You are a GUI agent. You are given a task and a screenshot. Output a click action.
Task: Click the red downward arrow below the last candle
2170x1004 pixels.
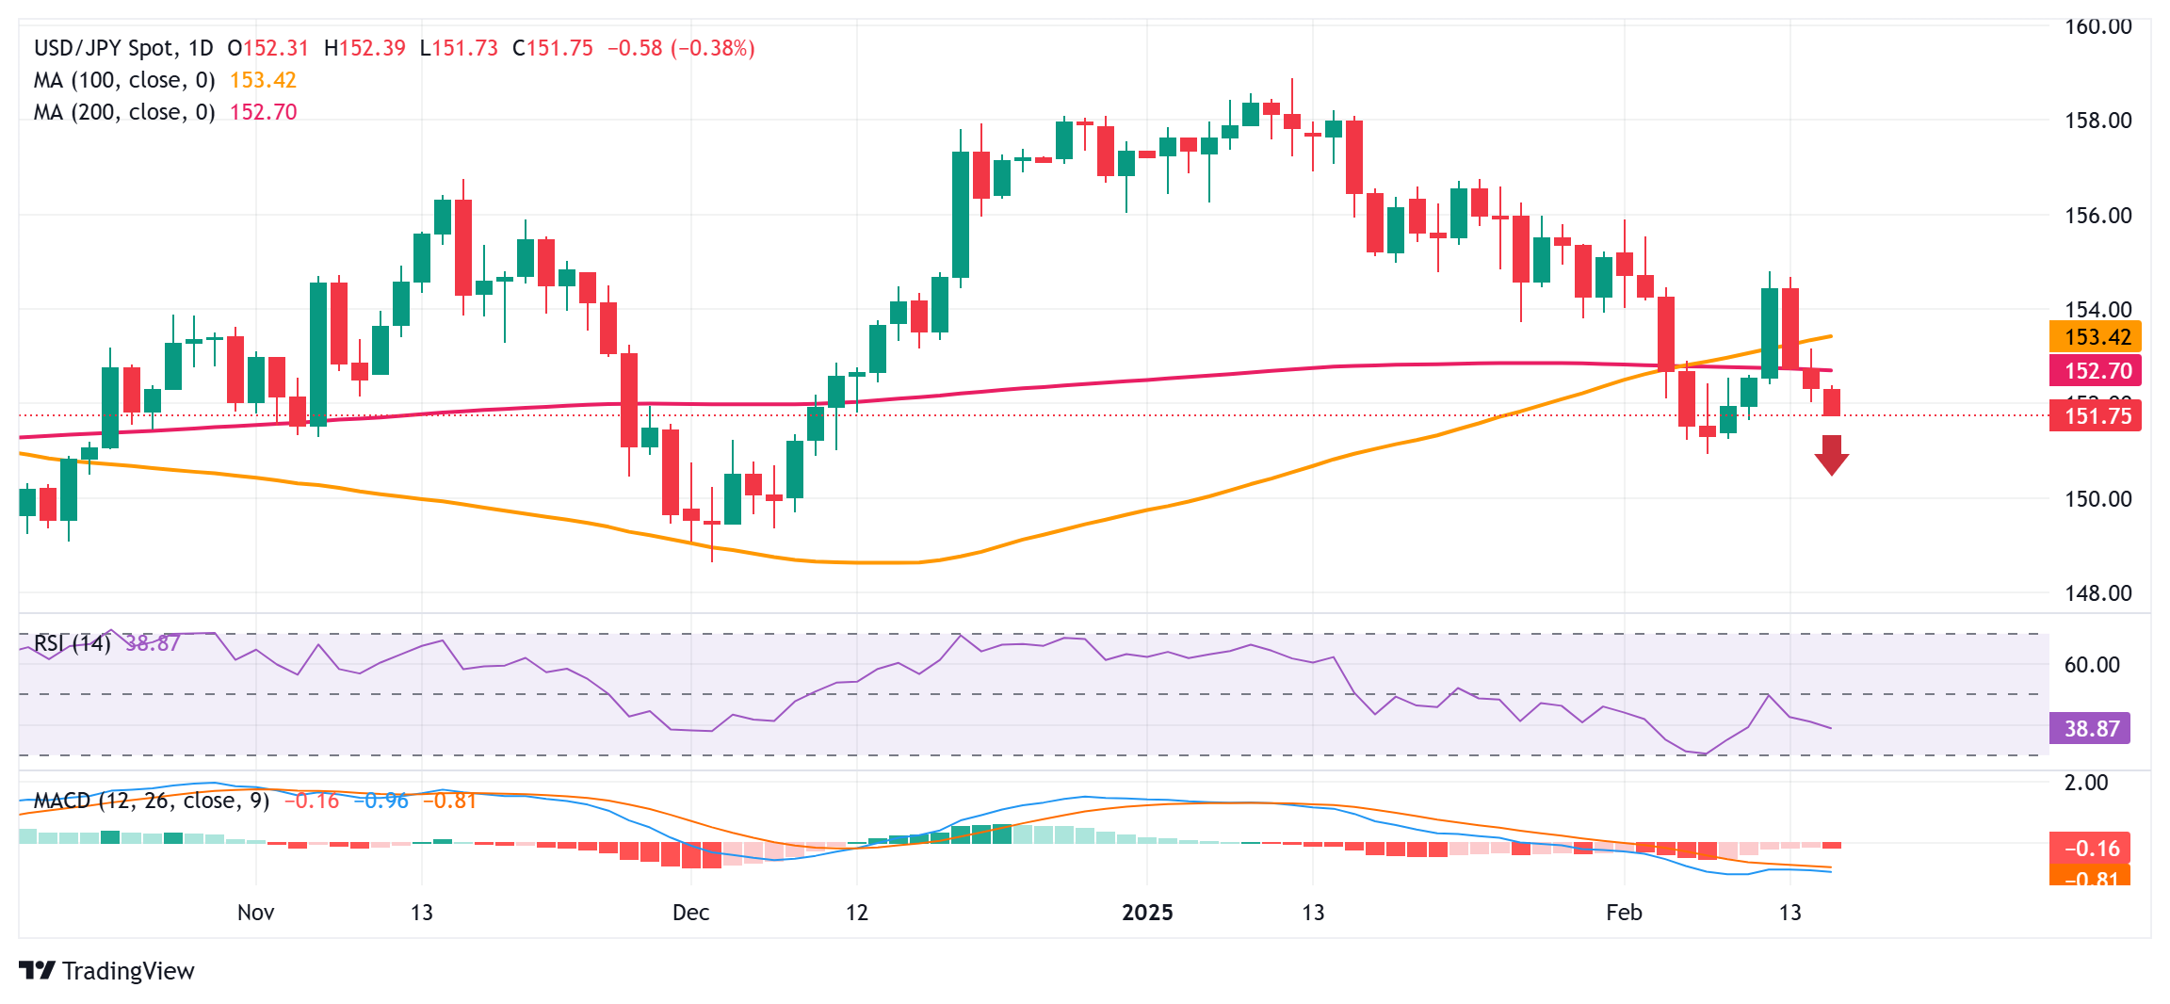pos(1831,455)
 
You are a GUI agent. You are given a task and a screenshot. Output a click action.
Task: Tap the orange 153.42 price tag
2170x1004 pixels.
pos(2095,337)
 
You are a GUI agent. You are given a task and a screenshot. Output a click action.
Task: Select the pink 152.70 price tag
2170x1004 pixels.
pos(2095,370)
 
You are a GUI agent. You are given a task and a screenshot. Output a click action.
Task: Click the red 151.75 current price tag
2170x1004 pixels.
pos(2095,416)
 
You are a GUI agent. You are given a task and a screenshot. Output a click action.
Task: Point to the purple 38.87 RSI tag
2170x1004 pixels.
pos(2089,728)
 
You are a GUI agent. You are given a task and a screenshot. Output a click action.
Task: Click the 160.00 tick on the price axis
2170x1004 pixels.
pos(2097,26)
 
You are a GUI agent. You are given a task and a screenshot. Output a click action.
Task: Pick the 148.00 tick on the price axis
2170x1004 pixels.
pos(2097,592)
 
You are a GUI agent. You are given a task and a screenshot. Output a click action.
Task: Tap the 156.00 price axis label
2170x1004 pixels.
pos(2097,216)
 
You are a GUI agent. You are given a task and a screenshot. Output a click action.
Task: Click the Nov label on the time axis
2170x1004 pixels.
pos(255,912)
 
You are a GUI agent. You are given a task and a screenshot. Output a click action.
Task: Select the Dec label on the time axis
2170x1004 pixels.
pos(690,912)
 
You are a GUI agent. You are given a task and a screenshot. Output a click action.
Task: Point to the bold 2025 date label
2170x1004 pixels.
pos(1147,912)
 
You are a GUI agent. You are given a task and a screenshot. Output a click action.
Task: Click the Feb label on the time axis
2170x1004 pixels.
pos(1624,912)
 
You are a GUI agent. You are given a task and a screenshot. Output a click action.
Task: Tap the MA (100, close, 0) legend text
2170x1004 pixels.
pos(124,80)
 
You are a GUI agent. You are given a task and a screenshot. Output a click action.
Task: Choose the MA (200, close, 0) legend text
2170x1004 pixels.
pos(124,112)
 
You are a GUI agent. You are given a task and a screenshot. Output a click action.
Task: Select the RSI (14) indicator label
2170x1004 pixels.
pos(73,643)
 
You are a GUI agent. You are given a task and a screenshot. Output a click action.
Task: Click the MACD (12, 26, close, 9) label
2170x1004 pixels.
pos(152,801)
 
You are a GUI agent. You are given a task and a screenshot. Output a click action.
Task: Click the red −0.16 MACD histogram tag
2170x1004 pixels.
pos(2091,848)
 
